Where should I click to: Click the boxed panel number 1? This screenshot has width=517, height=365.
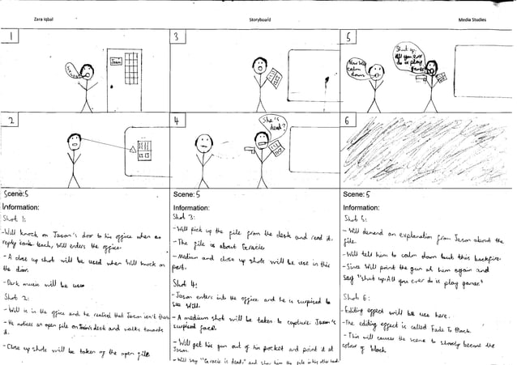click(x=15, y=39)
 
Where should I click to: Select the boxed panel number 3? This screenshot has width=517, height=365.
click(x=177, y=39)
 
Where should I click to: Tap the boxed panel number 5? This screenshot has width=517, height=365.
click(x=350, y=39)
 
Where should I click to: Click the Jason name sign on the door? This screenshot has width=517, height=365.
click(x=115, y=62)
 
